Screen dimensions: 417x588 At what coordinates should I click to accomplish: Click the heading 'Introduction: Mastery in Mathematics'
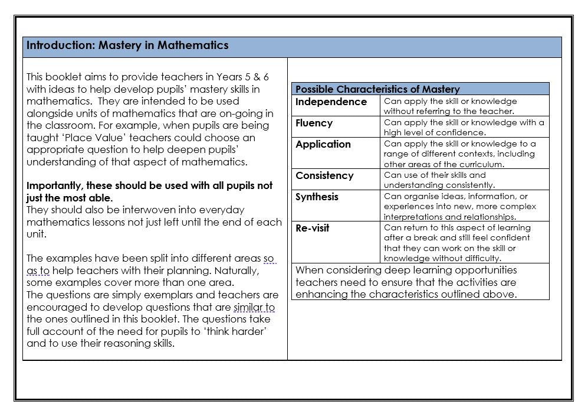pyautogui.click(x=127, y=46)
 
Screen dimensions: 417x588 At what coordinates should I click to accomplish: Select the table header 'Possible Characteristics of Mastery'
pyautogui.click(x=377, y=89)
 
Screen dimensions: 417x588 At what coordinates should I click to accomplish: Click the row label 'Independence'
pyautogui.click(x=331, y=102)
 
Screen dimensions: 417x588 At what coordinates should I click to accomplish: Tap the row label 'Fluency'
pyautogui.click(x=314, y=123)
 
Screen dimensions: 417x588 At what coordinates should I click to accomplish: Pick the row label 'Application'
pyautogui.click(x=323, y=144)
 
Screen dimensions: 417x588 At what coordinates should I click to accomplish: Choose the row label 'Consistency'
pyautogui.click(x=324, y=175)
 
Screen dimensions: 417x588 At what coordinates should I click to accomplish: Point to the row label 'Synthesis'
pyautogui.click(x=317, y=197)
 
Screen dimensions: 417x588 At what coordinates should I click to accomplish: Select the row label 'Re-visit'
pyautogui.click(x=312, y=228)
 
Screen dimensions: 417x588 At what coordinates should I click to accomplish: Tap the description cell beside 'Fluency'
pyautogui.click(x=464, y=127)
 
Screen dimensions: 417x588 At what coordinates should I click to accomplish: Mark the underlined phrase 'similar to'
pyautogui.click(x=254, y=307)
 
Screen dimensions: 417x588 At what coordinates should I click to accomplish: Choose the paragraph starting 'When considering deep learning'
pyautogui.click(x=406, y=282)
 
